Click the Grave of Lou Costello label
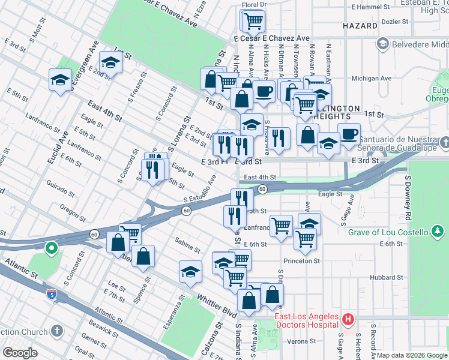(385, 232)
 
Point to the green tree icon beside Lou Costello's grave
(439, 232)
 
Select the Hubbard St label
(387, 277)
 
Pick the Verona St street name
(301, 341)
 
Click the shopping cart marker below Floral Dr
(253, 21)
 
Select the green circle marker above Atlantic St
(52, 247)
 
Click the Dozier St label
(394, 21)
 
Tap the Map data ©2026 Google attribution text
(411, 355)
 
